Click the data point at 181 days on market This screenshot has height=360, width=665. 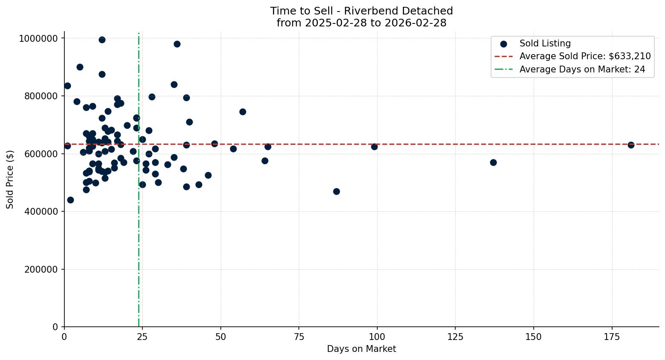(x=631, y=145)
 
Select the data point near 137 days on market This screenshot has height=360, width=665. (x=493, y=162)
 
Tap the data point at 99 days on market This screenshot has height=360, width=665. (x=374, y=147)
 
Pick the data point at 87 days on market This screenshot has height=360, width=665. (x=336, y=191)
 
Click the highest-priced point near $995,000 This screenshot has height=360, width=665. (x=102, y=40)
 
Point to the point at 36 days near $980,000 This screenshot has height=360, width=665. (x=177, y=44)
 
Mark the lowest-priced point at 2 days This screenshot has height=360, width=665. (x=70, y=200)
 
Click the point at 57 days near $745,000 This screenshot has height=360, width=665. (x=243, y=112)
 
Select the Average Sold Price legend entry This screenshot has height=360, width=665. (x=585, y=56)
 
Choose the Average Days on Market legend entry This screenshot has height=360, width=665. (x=582, y=69)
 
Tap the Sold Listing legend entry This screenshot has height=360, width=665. (x=545, y=43)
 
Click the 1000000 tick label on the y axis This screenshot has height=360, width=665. (x=38, y=38)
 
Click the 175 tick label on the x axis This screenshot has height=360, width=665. (x=612, y=337)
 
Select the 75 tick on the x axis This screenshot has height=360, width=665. (x=299, y=337)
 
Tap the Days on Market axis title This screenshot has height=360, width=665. (x=361, y=349)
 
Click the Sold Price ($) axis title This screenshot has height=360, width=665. (x=10, y=179)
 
